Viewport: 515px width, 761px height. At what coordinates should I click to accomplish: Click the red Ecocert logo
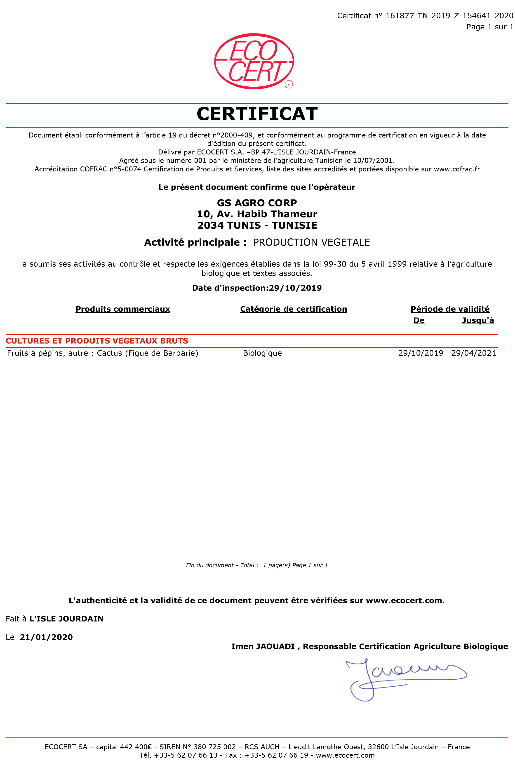pos(254,61)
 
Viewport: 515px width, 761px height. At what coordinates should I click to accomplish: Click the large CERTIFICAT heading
pos(257,114)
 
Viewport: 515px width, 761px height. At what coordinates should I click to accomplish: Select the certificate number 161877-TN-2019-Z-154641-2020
pos(449,16)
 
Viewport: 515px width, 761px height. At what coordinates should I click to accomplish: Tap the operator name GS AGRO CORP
pos(257,203)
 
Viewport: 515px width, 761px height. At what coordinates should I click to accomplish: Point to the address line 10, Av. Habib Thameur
pos(257,214)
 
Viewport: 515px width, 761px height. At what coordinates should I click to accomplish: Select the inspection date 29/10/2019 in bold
pos(295,288)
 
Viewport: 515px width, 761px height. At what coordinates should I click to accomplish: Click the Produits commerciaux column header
pos(123,309)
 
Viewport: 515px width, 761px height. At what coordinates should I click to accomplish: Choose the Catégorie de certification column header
pos(294,309)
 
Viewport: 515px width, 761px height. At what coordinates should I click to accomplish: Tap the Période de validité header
pos(450,309)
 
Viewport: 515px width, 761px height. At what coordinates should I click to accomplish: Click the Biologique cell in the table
pos(262,353)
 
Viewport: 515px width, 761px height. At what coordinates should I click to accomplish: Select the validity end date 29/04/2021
pos(473,353)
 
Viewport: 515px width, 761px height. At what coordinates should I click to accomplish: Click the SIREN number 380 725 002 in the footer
pos(215,747)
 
